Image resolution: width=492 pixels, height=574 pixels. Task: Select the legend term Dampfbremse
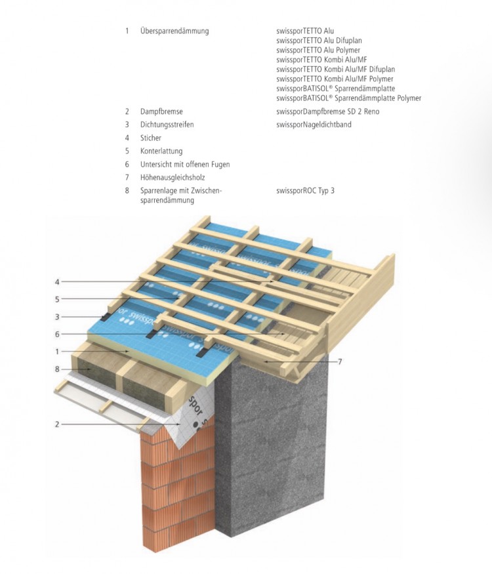point(161,112)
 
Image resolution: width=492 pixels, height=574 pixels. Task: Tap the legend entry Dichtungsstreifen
point(167,125)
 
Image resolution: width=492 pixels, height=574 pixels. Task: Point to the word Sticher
point(150,138)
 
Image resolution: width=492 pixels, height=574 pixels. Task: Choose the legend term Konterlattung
point(161,151)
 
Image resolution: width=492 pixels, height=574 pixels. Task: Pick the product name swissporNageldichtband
point(314,125)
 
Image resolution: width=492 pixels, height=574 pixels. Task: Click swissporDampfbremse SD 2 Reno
point(328,112)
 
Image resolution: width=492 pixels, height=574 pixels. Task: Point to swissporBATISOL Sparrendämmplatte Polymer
point(348,98)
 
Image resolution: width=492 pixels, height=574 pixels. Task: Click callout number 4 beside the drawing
point(57,282)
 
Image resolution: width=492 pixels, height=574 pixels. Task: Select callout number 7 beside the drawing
point(339,361)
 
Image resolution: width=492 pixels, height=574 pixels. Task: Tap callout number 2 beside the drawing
point(57,424)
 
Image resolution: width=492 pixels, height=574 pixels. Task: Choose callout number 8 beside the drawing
point(57,369)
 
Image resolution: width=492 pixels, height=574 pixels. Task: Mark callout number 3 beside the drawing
point(57,317)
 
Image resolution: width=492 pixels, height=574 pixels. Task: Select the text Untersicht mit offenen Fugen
point(184,165)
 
